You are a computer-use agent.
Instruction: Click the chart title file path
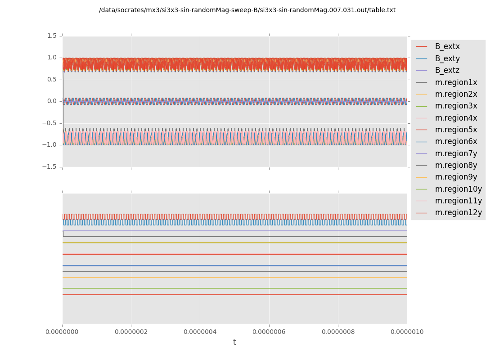[x=247, y=10]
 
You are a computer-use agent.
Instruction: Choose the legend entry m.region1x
[x=456, y=82]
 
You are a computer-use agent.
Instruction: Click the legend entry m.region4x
[x=456, y=118]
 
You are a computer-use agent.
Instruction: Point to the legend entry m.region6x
[x=456, y=141]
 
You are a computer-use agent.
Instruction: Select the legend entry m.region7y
[x=456, y=153]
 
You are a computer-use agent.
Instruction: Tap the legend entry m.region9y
[x=456, y=177]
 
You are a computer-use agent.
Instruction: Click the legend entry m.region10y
[x=458, y=189]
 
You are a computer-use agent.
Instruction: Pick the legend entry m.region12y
[x=458, y=212]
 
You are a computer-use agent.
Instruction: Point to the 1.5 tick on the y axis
[x=52, y=36]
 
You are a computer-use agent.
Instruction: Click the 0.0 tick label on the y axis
[x=52, y=101]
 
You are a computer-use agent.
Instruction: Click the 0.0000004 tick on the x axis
[x=200, y=332]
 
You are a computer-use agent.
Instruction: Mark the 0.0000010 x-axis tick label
[x=407, y=332]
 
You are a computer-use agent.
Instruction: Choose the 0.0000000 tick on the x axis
[x=63, y=332]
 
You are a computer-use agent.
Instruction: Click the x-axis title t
[x=234, y=342]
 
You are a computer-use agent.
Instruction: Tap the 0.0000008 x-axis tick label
[x=338, y=332]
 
